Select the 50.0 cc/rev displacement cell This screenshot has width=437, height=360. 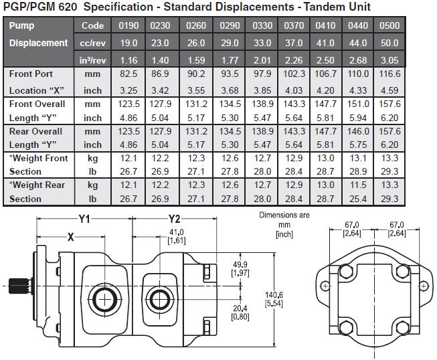point(389,43)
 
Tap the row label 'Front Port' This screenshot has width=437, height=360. point(31,74)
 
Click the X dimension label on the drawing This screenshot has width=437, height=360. point(70,236)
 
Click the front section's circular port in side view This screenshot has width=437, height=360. point(105,296)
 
